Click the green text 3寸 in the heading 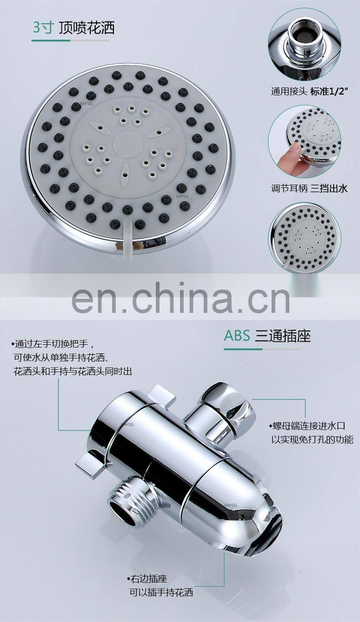[42, 28]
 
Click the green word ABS [237, 336]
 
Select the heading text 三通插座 [283, 336]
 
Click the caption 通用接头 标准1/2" [309, 91]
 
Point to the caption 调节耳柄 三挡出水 [309, 188]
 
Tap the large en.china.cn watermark [180, 298]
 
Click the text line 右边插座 [147, 579]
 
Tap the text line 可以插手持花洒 [161, 592]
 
